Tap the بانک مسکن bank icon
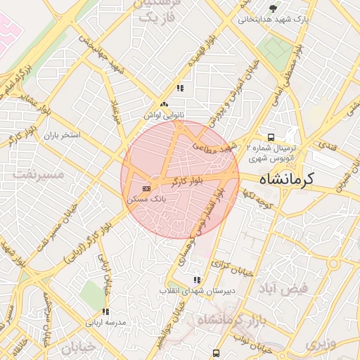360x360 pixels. [x=146, y=188]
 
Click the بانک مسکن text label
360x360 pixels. [x=146, y=200]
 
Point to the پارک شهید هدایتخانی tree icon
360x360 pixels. [x=273, y=8]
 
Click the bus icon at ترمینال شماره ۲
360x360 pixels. [x=271, y=137]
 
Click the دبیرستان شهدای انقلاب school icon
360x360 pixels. [x=196, y=280]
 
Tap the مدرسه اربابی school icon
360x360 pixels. [x=105, y=311]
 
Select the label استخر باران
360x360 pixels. [x=63, y=134]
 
